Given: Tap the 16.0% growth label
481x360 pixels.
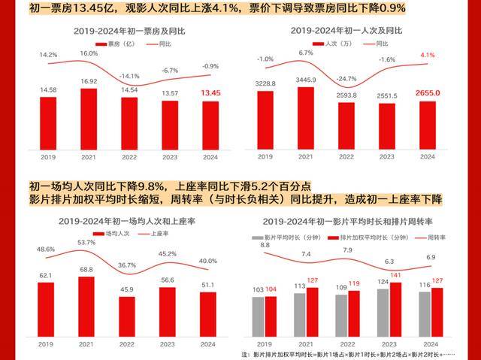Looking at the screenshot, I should pos(89,54).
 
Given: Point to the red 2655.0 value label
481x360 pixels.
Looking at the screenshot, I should pos(427,92).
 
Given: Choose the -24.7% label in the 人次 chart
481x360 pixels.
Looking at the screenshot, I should pos(346,77).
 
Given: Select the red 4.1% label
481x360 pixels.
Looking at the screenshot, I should pos(427,56).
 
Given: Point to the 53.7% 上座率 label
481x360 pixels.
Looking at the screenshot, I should pos(87,242).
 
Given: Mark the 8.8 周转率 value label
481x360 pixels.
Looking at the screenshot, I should pos(265,245).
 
